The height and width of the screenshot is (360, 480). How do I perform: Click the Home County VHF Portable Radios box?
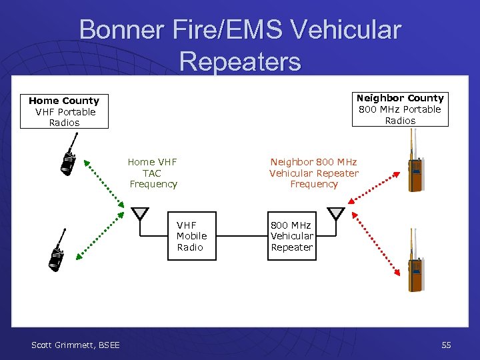point(64,111)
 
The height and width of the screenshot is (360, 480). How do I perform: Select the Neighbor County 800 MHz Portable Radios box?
point(400,109)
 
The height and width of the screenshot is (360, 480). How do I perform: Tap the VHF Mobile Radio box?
point(191,236)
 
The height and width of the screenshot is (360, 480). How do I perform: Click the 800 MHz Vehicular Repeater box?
point(291,236)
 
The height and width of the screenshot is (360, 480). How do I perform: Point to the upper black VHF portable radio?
point(69,159)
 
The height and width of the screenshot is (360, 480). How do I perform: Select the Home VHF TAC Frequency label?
point(153,173)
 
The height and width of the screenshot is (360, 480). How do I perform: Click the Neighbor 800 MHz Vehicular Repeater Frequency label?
point(313,173)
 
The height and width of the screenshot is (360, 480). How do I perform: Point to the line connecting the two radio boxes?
point(241,236)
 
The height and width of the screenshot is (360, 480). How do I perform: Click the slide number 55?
point(446,345)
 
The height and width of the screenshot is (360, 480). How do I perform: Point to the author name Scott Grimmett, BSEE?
point(75,345)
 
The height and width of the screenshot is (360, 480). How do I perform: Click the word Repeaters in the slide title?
point(240,61)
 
